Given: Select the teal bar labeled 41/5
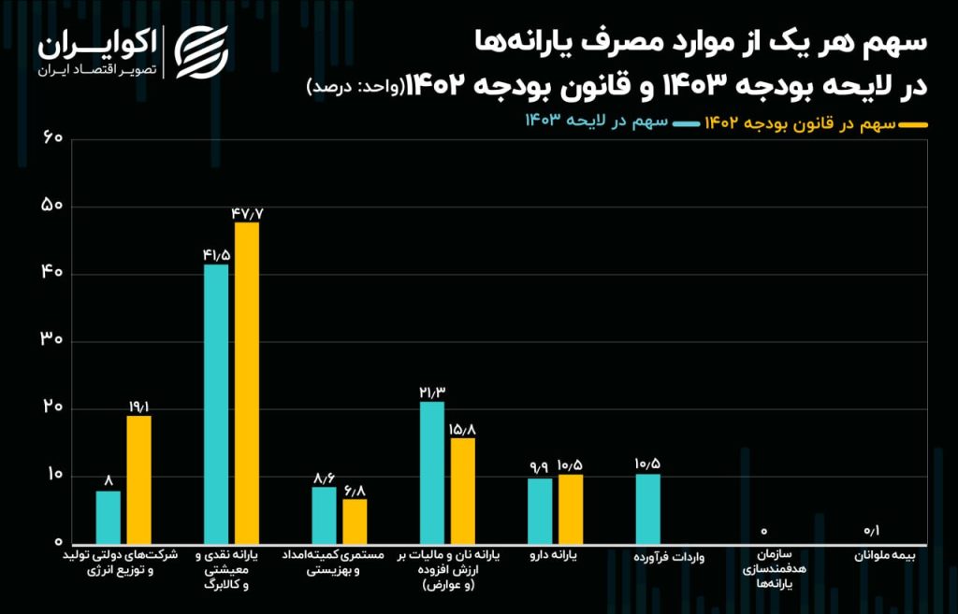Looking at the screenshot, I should pos(216,404).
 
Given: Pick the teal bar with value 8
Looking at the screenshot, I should pos(109,517).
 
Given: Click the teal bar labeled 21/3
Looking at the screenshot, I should pos(432,472).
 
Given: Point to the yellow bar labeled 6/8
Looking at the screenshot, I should pos(355,521).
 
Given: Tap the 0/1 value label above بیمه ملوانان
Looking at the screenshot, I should pos(871,531).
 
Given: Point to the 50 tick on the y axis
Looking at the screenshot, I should pos(52,206).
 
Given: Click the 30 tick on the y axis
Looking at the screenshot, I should pos(52,341).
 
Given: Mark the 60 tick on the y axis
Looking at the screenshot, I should pos(52,138).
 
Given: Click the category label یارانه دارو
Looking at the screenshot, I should pos(555,555).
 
